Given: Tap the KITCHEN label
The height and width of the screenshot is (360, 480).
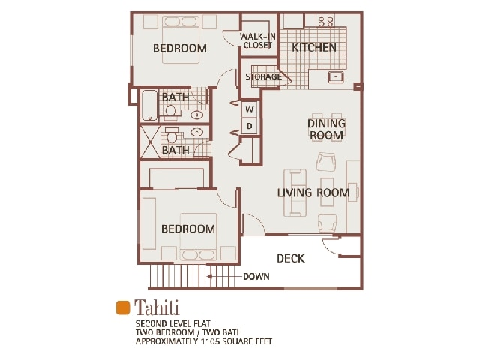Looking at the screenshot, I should [x=314, y=48].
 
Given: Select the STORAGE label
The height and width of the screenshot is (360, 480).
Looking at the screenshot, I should [x=263, y=76].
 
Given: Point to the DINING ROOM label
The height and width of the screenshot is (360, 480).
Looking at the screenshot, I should [x=326, y=129].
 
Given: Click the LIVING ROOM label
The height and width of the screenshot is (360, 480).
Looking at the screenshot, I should [x=313, y=193].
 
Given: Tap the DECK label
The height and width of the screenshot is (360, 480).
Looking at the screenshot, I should [x=291, y=258].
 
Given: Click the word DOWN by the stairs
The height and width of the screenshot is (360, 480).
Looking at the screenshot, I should [x=256, y=277].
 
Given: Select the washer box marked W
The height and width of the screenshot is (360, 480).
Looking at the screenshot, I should [x=250, y=109].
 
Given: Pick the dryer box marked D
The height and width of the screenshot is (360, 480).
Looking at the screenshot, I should [x=250, y=126].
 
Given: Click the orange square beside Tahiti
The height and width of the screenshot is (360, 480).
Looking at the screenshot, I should [x=123, y=307].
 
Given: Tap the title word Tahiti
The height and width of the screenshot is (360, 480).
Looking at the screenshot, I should [x=157, y=307].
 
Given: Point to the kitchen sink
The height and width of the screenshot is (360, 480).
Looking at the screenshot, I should [x=335, y=76].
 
